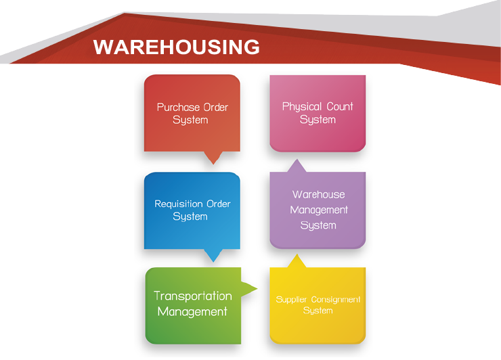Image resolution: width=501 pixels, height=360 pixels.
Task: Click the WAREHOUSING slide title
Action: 176,47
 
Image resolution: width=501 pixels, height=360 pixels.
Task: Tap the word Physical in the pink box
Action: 302,106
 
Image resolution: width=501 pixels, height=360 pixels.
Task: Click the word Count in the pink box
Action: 340,106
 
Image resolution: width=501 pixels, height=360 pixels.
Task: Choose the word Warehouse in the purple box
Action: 318,195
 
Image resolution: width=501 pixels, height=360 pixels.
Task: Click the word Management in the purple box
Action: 319,210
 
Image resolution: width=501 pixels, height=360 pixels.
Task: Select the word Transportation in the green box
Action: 192,296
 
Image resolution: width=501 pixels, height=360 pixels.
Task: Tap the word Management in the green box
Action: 192,312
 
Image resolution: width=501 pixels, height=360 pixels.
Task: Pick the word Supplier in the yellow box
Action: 292,299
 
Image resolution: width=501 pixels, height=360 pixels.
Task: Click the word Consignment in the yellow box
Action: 336,299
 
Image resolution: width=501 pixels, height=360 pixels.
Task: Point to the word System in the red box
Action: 190,120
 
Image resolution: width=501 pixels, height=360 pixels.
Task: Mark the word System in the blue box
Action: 190,217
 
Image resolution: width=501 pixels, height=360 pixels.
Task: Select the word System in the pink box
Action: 318,120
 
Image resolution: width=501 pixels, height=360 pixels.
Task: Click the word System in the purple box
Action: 318,225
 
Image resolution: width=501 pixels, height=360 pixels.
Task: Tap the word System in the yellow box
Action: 318,311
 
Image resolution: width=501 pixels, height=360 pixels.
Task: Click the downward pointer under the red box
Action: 214,158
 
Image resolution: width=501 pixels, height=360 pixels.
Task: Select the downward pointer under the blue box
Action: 214,256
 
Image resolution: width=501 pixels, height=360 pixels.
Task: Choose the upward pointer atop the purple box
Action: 296,166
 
